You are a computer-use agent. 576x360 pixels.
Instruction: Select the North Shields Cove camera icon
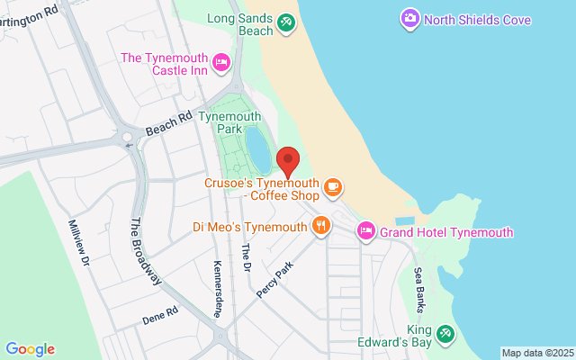[x=409, y=18]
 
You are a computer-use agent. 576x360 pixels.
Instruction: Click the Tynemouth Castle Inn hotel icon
[x=221, y=61]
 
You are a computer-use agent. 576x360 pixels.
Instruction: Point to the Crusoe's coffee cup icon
[x=334, y=186]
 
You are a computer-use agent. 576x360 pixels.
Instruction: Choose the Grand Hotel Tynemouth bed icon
[x=366, y=231]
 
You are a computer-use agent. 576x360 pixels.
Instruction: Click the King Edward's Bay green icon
[x=445, y=335]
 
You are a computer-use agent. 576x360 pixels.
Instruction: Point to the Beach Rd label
[x=168, y=122]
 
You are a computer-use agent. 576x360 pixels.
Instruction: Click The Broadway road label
[x=147, y=253]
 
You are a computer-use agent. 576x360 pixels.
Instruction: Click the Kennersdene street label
[x=218, y=288]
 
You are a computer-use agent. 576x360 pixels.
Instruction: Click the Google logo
[x=30, y=349]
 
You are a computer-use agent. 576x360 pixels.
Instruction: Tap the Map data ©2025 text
[x=536, y=353]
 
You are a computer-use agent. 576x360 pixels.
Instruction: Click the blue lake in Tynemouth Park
[x=257, y=148]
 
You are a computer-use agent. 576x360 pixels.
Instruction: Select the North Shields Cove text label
[x=477, y=19]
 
